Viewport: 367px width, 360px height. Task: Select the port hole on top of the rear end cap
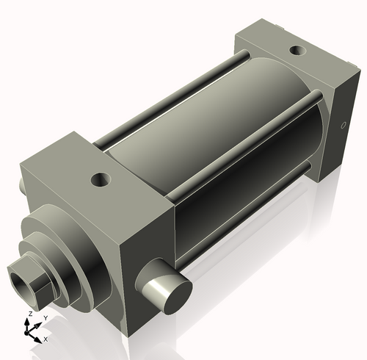click(297, 51)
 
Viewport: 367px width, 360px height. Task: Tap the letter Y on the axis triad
click(46, 318)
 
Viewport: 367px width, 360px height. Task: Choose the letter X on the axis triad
click(46, 339)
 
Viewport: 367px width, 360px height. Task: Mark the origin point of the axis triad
click(30, 332)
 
